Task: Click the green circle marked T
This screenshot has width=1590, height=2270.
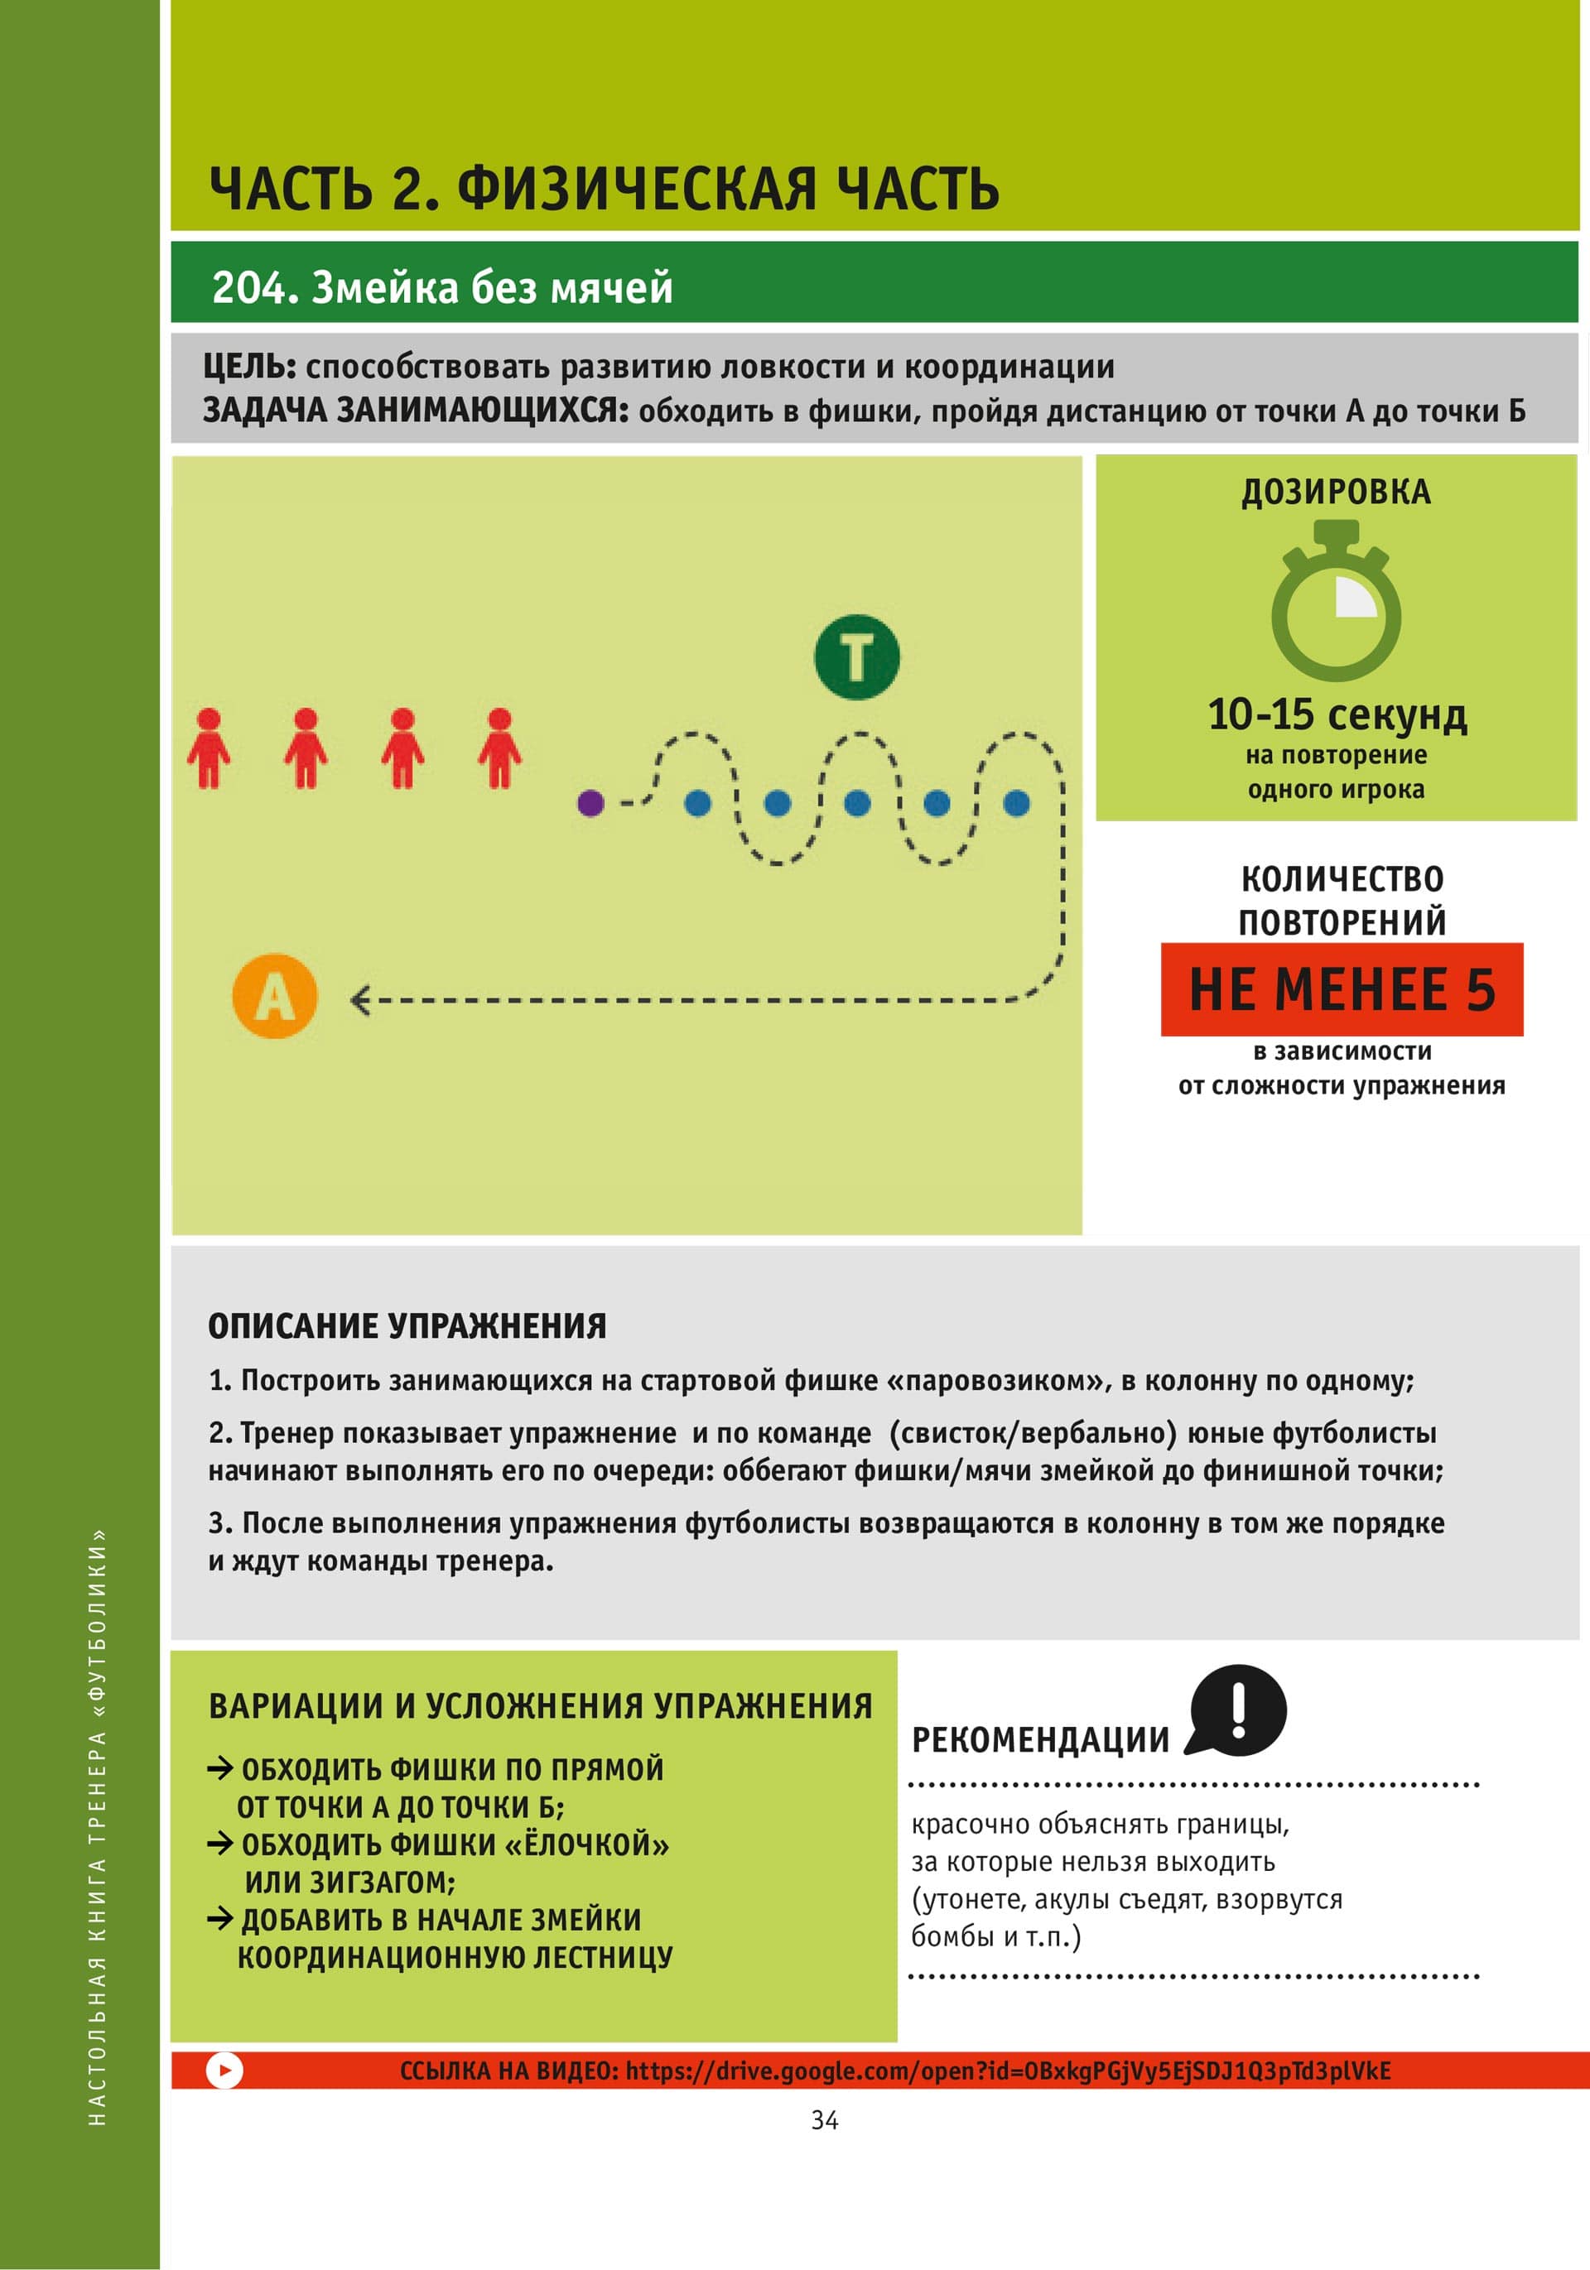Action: click(856, 656)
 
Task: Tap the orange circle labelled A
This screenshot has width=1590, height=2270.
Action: click(275, 996)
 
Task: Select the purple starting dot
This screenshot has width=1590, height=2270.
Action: click(590, 802)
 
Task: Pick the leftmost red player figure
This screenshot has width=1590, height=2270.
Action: click(209, 748)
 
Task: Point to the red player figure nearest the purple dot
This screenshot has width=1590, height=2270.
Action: click(499, 748)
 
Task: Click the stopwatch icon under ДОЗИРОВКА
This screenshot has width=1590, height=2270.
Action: click(1336, 605)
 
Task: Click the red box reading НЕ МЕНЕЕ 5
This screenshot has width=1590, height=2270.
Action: click(1341, 989)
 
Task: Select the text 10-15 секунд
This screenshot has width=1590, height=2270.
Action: click(1336, 714)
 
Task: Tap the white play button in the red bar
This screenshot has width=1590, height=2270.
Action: click(224, 2070)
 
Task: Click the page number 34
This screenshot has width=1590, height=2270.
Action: click(824, 2119)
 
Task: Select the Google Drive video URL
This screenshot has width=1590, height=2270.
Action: click(1008, 2070)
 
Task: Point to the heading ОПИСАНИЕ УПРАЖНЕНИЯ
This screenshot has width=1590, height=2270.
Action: click(407, 1325)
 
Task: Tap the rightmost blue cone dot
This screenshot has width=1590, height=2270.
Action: click(1016, 803)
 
